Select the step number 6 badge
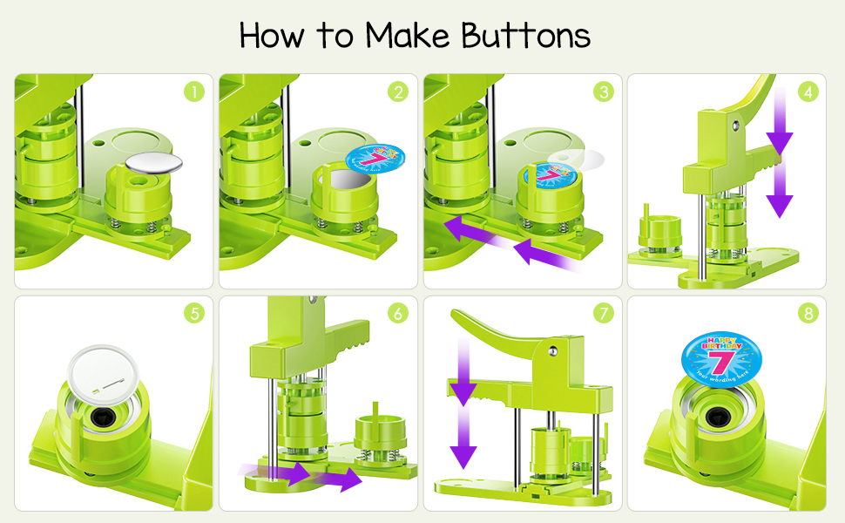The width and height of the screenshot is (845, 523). tap(398, 313)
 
